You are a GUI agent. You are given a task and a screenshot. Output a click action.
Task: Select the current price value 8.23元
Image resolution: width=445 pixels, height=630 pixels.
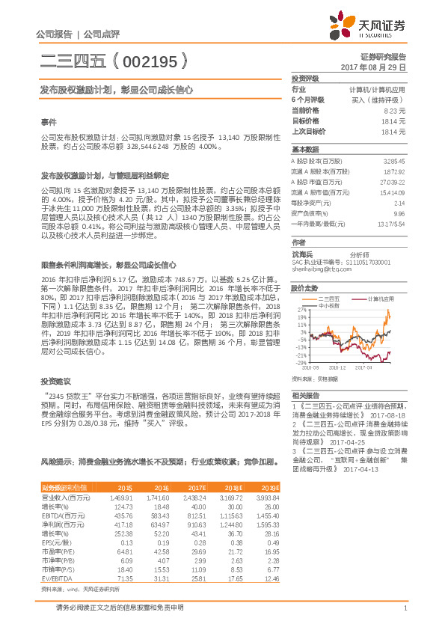[x=394, y=110]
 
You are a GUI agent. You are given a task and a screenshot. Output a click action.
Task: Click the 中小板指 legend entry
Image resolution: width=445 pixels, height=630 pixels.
[x=329, y=305]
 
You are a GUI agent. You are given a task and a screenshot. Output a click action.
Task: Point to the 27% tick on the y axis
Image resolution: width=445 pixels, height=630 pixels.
[x=301, y=309]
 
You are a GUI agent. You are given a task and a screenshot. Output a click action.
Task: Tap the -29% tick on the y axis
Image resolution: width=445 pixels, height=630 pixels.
[x=300, y=362]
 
